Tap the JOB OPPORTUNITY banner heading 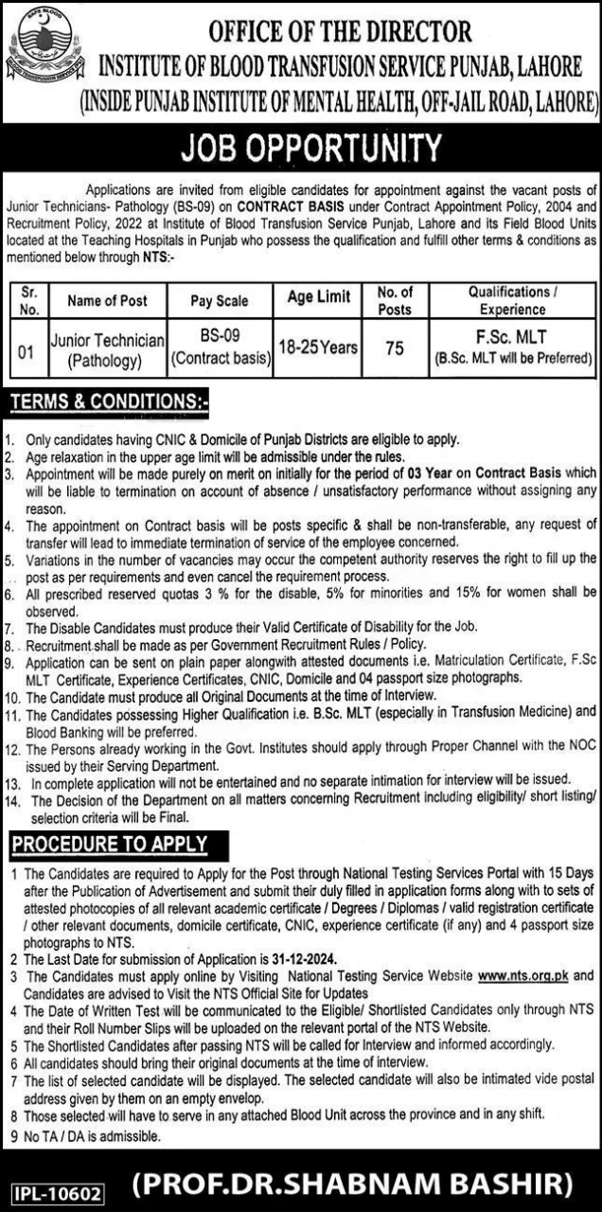click(x=301, y=150)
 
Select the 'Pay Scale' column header click(x=220, y=300)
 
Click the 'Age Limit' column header click(x=318, y=297)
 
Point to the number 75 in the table click(x=395, y=348)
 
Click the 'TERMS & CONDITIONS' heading click(x=109, y=404)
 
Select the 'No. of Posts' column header click(x=395, y=300)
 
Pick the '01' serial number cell click(x=27, y=351)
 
